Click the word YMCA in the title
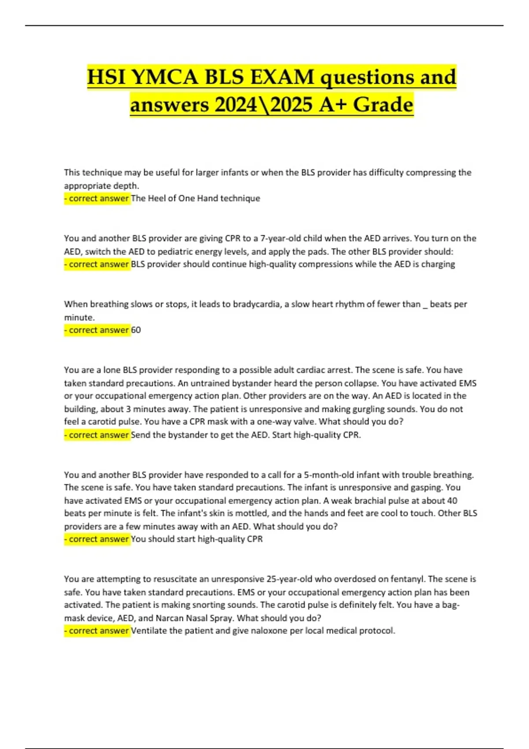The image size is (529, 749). click(164, 77)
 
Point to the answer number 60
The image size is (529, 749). click(136, 330)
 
